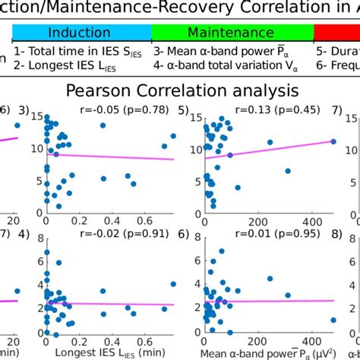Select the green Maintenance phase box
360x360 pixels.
[232, 33]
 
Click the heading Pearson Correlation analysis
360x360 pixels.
[181, 91]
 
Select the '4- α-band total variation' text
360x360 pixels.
[221, 67]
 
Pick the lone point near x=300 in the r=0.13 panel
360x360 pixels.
[287, 171]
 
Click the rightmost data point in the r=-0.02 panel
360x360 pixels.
[174, 284]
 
